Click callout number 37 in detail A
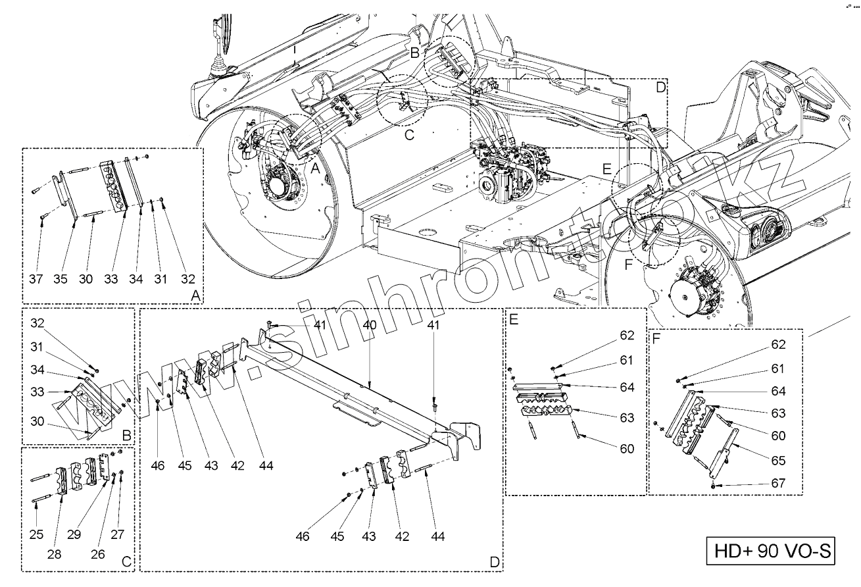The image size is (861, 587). (x=36, y=279)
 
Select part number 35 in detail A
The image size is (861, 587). (x=61, y=279)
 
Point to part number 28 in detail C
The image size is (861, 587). (x=55, y=554)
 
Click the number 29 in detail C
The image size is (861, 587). (x=74, y=534)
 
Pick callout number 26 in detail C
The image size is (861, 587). (x=97, y=554)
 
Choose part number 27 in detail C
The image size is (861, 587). (x=118, y=534)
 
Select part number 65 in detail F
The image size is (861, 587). (x=778, y=461)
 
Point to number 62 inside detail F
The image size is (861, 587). (x=778, y=345)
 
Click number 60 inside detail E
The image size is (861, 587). (x=626, y=449)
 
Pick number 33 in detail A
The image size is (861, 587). (x=111, y=279)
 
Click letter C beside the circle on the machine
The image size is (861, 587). (x=408, y=136)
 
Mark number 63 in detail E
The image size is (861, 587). (x=626, y=418)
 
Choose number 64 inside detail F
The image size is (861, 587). (x=778, y=391)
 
